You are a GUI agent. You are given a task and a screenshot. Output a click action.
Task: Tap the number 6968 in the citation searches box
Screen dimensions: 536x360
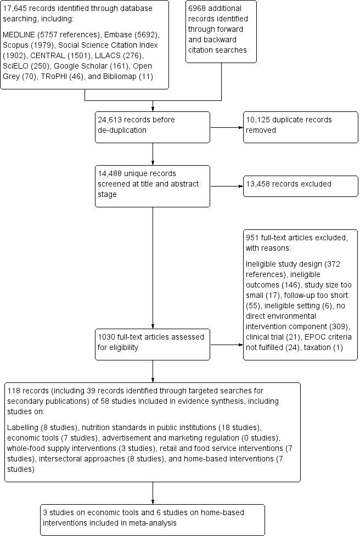(198, 9)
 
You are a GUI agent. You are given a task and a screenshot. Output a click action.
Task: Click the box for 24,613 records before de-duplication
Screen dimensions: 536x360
(152, 124)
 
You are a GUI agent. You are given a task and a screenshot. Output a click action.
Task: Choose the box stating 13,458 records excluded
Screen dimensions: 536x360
(300, 184)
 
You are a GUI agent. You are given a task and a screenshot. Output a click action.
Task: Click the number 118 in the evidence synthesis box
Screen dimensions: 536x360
(14, 391)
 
